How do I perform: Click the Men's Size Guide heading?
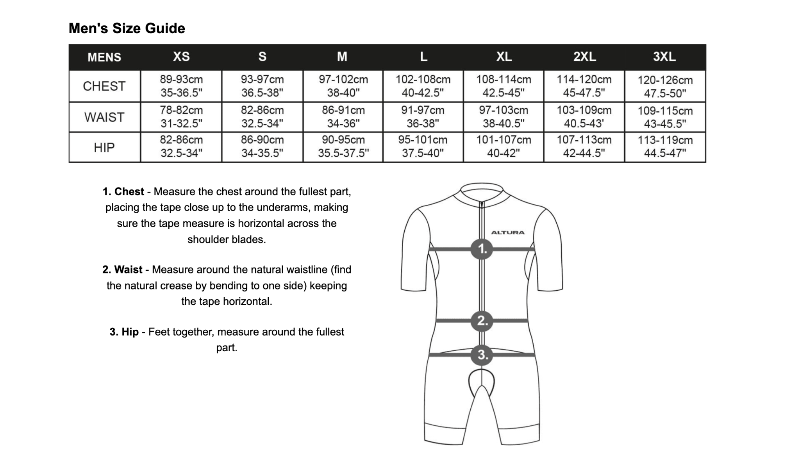[x=127, y=28]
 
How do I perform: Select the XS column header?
[x=181, y=57]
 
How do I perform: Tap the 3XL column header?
[x=664, y=57]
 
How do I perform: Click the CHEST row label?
[x=104, y=86]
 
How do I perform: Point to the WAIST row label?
[x=104, y=117]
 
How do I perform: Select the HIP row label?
[x=104, y=147]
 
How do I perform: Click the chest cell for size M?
[x=343, y=86]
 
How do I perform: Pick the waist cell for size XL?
[x=504, y=117]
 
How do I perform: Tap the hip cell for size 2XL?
[x=584, y=146]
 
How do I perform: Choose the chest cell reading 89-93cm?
[x=181, y=86]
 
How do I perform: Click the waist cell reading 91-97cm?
[x=423, y=117]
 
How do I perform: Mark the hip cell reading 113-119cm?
[x=665, y=146]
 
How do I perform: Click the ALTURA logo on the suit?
[x=508, y=233]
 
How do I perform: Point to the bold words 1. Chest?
[x=123, y=192]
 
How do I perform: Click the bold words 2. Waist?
[x=122, y=270]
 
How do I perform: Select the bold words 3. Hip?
[x=124, y=332]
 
